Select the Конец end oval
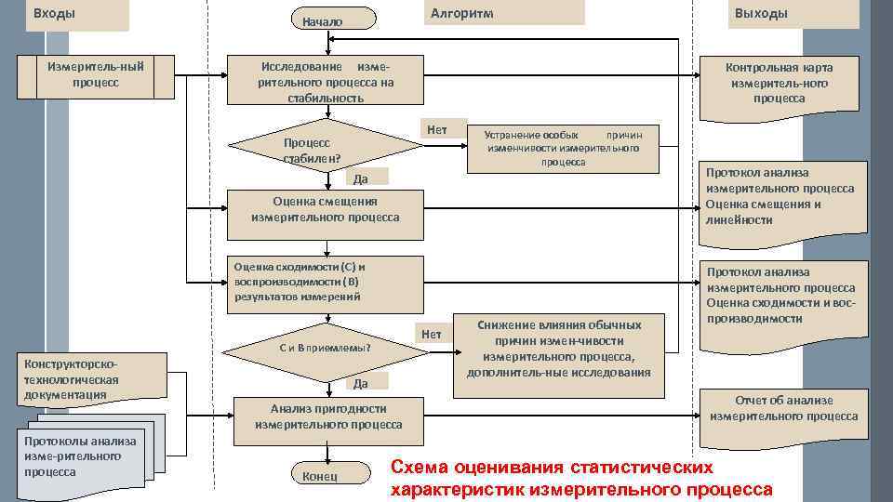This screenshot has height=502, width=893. [320, 475]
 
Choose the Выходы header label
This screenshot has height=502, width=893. [761, 13]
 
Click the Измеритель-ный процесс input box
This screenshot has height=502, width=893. [96, 75]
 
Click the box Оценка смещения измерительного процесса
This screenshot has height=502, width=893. [325, 209]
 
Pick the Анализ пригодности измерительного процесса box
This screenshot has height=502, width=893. [328, 416]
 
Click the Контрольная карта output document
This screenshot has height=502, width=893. [779, 84]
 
